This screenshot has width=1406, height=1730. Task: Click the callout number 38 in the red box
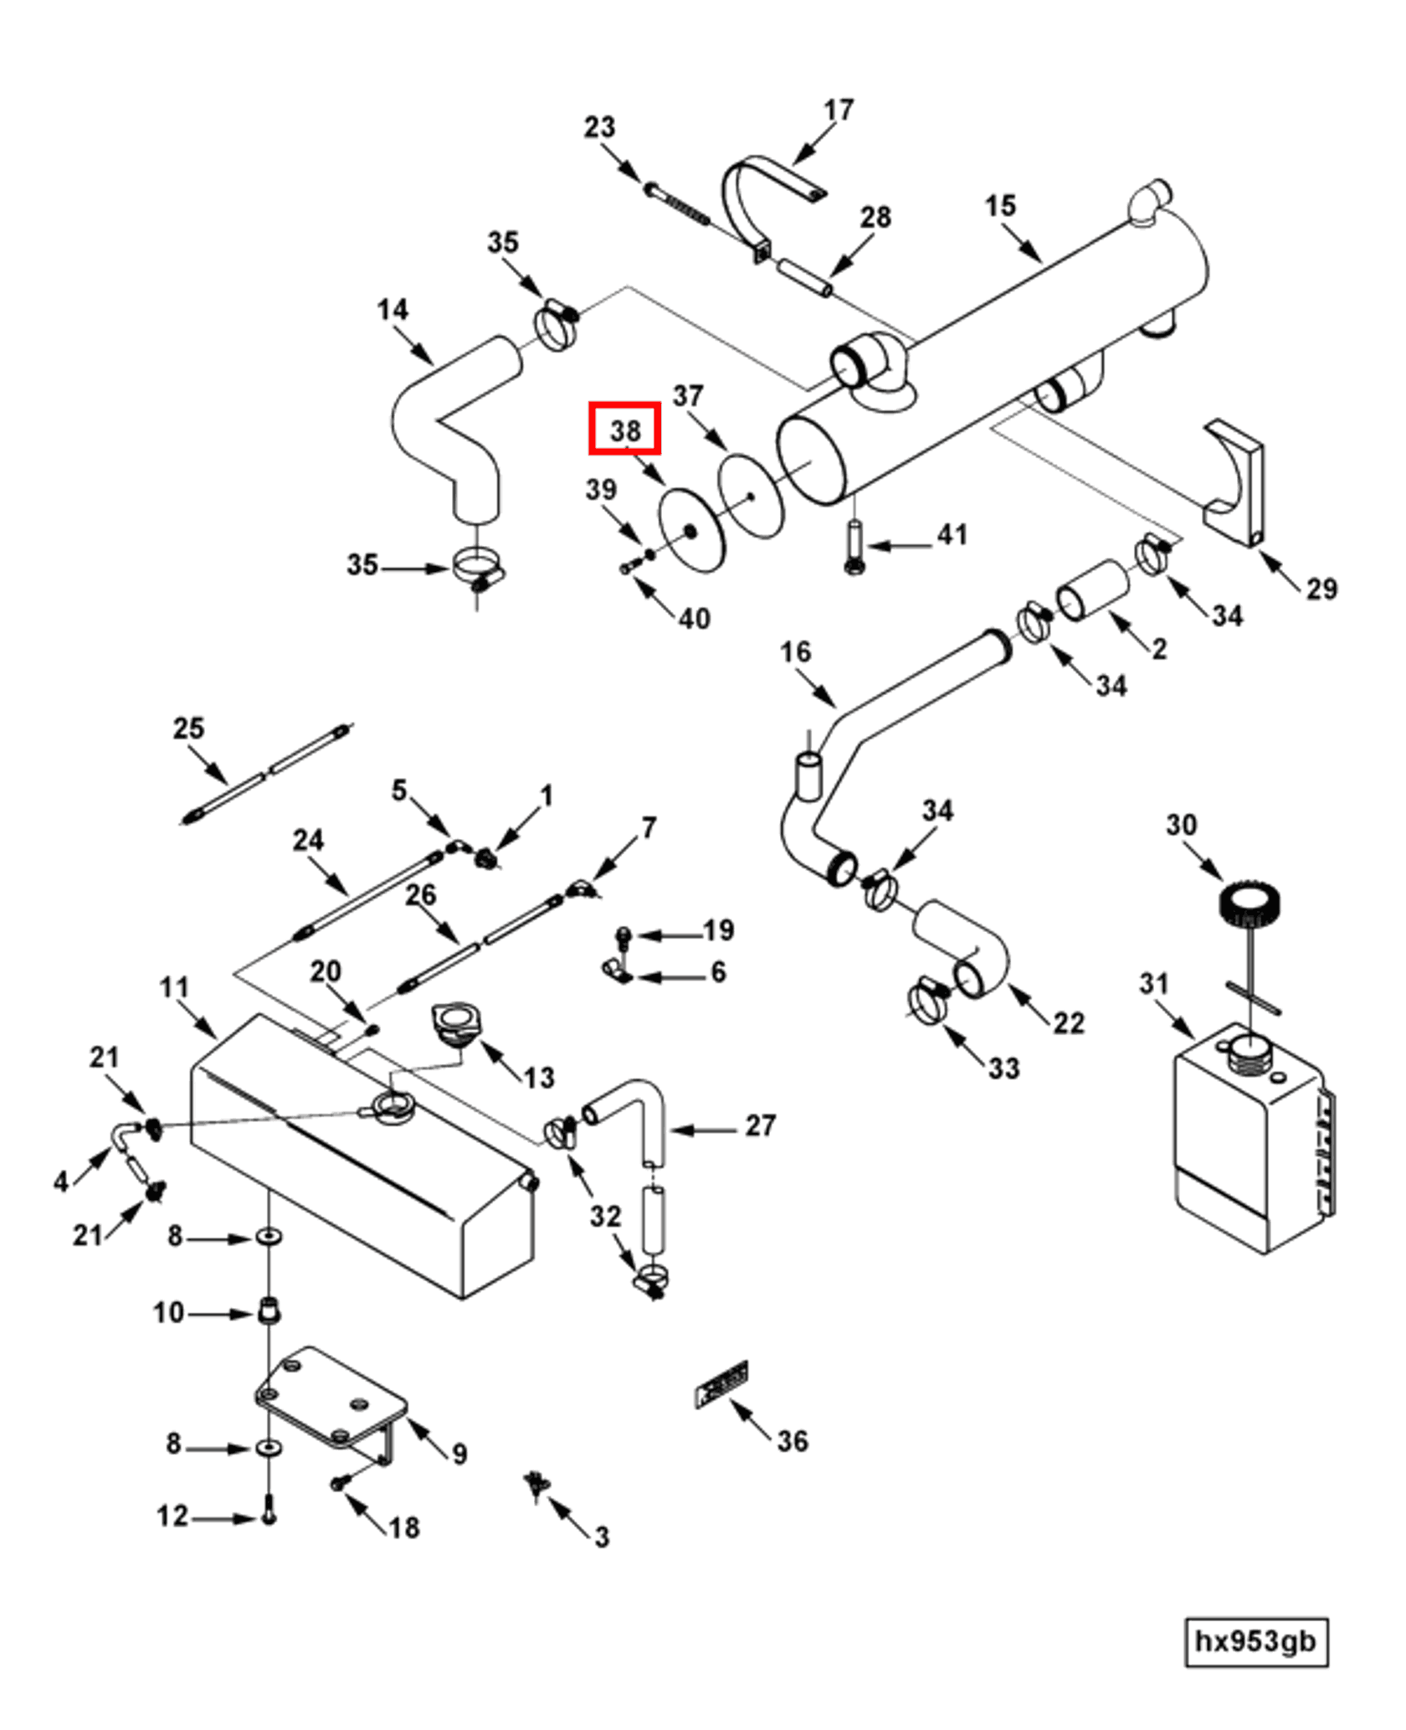tap(625, 430)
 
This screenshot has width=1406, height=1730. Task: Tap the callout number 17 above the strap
tap(838, 110)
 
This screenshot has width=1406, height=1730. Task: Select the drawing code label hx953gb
tap(1255, 1642)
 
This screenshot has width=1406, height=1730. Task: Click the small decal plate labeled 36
tap(721, 1384)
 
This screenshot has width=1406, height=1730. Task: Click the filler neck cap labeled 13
tap(456, 1023)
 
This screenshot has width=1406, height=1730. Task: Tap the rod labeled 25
tap(266, 775)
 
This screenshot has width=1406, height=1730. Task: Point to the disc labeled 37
tap(751, 496)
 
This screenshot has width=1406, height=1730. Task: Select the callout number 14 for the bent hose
tap(392, 310)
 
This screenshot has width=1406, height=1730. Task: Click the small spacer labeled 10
tap(268, 1310)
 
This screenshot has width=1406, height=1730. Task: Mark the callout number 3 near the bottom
tap(601, 1537)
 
